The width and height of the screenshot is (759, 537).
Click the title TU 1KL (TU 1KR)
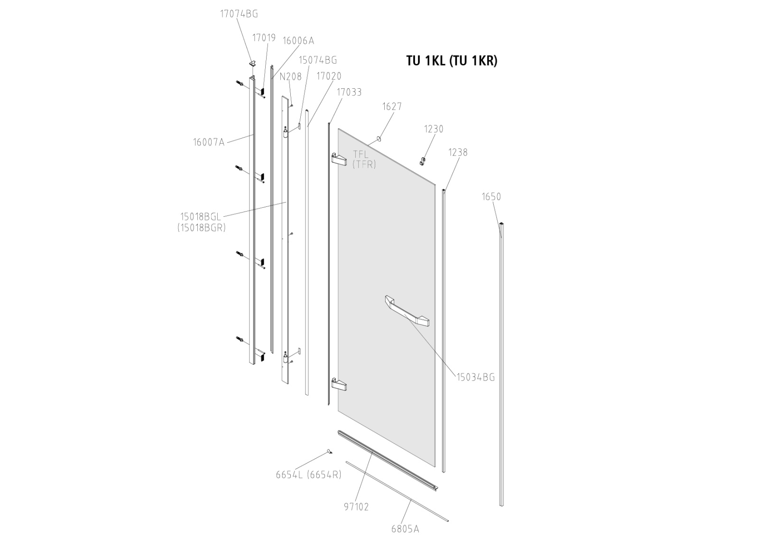coord(451,61)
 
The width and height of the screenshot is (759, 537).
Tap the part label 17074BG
coord(239,14)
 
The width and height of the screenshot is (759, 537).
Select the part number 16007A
coord(208,142)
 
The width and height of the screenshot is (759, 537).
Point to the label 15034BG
coord(475,377)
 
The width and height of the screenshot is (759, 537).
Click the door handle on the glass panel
coord(407,311)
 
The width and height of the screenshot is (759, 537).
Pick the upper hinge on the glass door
coord(339,159)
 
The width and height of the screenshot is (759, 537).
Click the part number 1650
coord(491,196)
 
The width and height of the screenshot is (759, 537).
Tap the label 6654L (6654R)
coord(308,474)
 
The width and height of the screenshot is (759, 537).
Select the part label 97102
coord(356,507)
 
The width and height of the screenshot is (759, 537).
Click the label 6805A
coord(405,528)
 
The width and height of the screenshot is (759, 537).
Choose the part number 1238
coord(458,152)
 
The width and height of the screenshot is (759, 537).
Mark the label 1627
coord(392,106)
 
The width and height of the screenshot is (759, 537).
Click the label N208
coord(290,76)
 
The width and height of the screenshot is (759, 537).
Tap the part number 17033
coord(349,92)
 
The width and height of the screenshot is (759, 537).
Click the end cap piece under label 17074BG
coord(253,63)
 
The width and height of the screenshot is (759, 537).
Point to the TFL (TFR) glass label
coord(363,159)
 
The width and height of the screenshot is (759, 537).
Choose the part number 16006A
coord(298,40)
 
